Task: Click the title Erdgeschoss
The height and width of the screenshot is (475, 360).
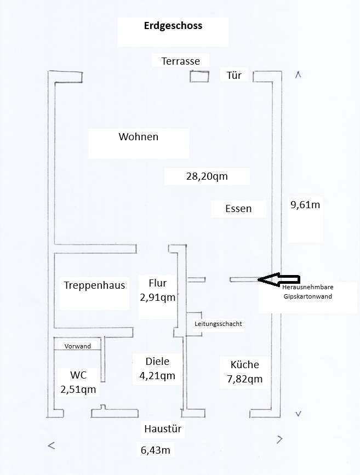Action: pyautogui.click(x=173, y=26)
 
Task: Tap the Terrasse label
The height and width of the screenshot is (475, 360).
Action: pyautogui.click(x=180, y=61)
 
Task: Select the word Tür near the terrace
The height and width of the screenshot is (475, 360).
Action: pyautogui.click(x=234, y=75)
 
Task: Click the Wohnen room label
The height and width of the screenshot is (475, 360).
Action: pyautogui.click(x=138, y=137)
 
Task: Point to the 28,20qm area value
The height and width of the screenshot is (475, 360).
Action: pyautogui.click(x=207, y=176)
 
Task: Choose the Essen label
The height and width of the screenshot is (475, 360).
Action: pyautogui.click(x=238, y=208)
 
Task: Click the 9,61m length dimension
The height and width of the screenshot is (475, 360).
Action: pyautogui.click(x=305, y=205)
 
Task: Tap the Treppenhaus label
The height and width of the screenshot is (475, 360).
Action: pyautogui.click(x=94, y=285)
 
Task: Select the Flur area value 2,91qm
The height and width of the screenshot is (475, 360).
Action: pyautogui.click(x=157, y=298)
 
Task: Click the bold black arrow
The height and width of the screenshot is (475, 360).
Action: pyautogui.click(x=278, y=279)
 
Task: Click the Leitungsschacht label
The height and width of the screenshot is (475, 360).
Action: pyautogui.click(x=218, y=324)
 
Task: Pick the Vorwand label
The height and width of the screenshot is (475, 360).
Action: pyautogui.click(x=78, y=346)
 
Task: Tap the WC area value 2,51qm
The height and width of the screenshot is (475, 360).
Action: pyautogui.click(x=78, y=390)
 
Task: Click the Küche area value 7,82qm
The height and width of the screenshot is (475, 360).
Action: pyautogui.click(x=244, y=379)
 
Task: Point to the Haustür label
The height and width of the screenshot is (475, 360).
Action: pyautogui.click(x=162, y=429)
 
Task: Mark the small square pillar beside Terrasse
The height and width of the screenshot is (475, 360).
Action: pyautogui.click(x=199, y=76)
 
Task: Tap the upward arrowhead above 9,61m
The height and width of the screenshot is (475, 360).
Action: pyautogui.click(x=298, y=75)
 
